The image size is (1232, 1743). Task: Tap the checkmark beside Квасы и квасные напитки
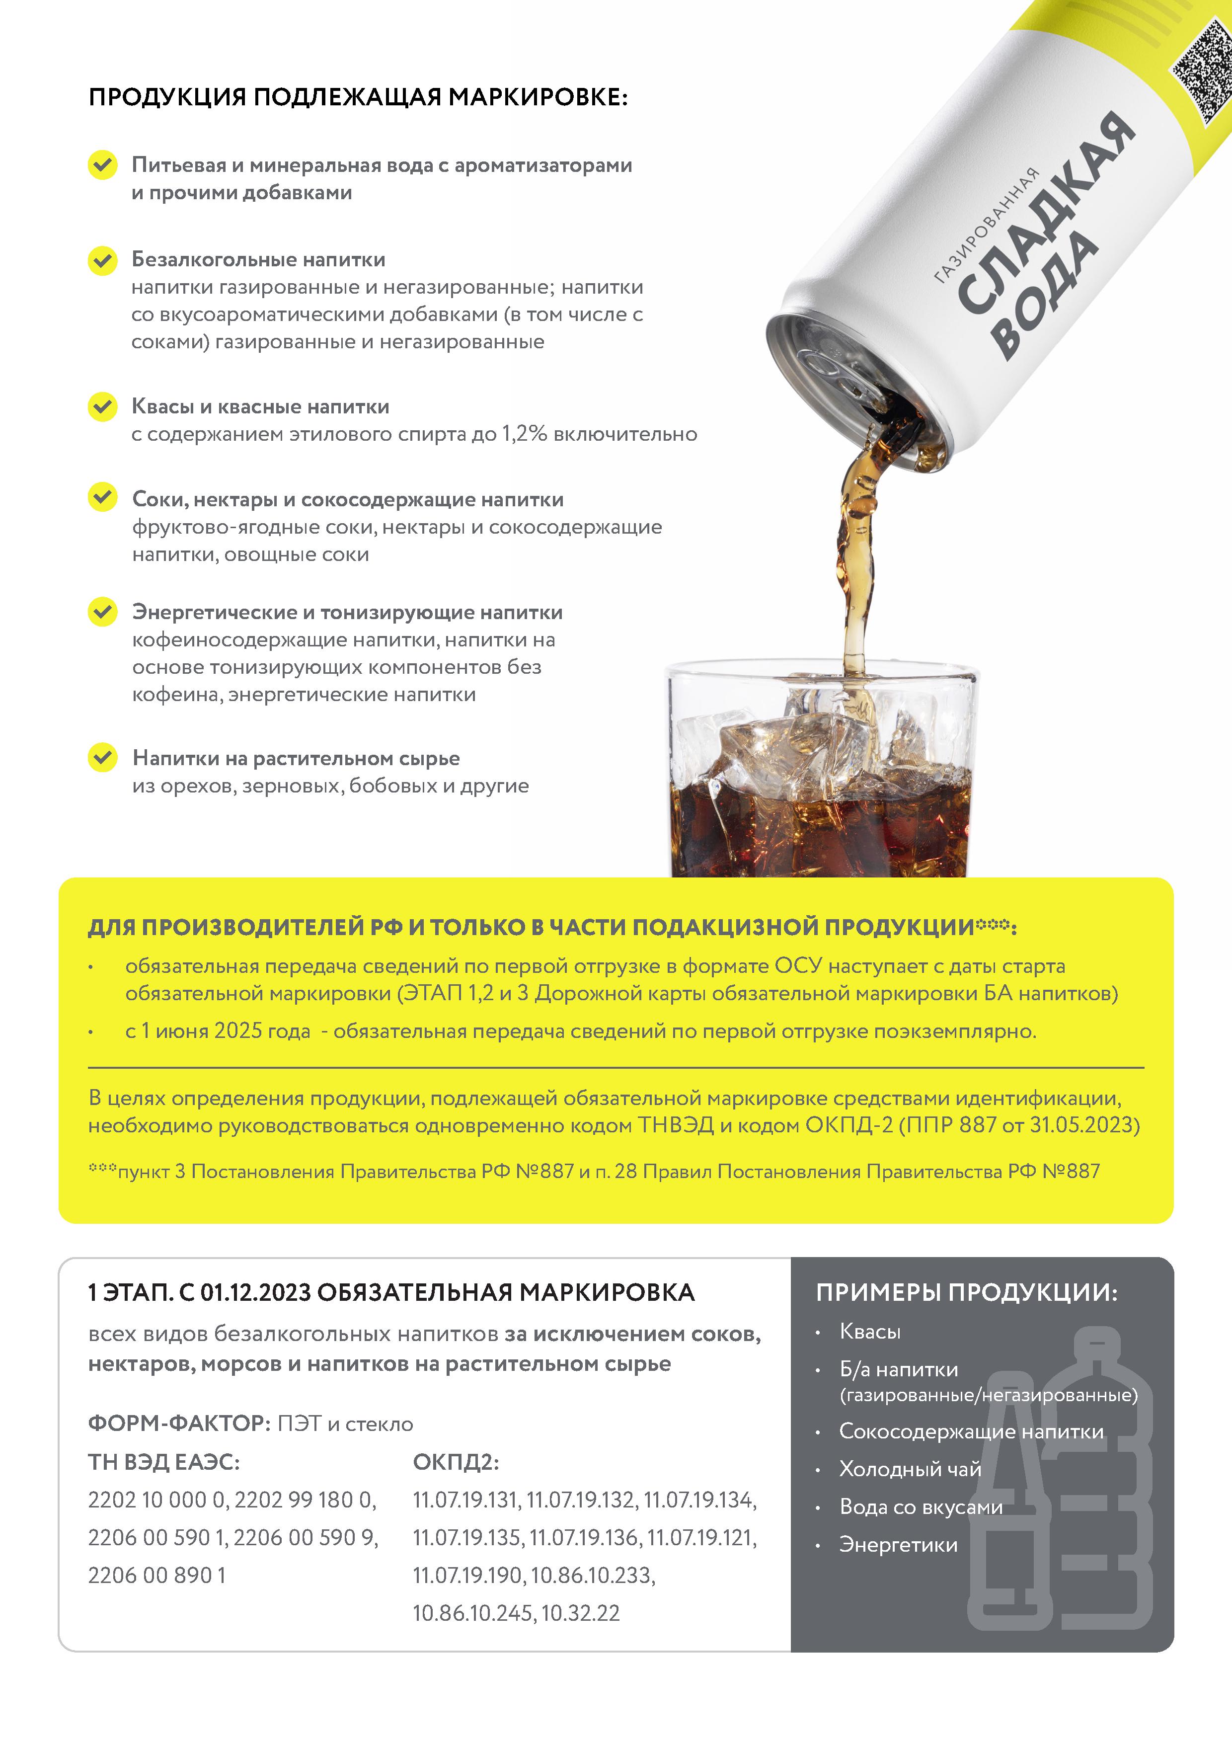click(x=102, y=406)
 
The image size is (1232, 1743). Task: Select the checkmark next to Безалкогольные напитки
click(x=102, y=260)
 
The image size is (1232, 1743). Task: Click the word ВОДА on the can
click(x=1046, y=298)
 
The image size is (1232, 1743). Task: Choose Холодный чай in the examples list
click(x=910, y=1469)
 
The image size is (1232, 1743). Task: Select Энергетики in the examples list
click(x=898, y=1545)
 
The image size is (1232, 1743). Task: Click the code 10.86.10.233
click(x=592, y=1575)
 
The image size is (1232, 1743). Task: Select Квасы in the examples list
click(x=870, y=1332)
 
